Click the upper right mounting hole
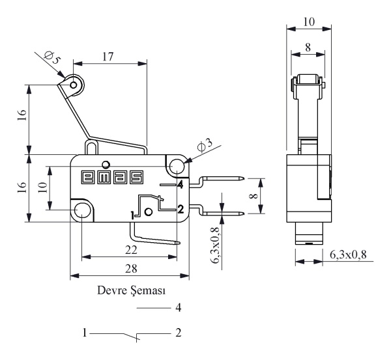pos(175,166)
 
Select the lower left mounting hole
pos(82,210)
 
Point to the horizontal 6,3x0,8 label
pos(351,253)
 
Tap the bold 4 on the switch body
pos(179,185)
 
